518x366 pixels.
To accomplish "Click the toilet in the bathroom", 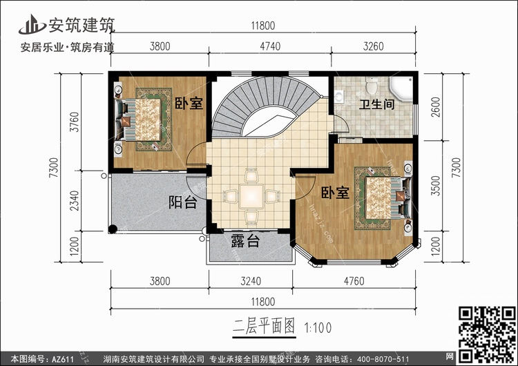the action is coord(372,85).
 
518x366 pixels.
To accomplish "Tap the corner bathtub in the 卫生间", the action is coord(401,88).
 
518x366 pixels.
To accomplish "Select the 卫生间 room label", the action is coord(377,104).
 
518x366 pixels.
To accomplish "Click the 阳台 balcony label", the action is coord(183,202).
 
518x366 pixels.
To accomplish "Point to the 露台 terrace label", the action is coord(245,241).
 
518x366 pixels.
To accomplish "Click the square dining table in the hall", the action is coord(251,197).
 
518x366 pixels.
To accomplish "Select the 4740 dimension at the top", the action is coord(270,46).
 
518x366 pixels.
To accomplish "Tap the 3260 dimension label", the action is coord(373,46).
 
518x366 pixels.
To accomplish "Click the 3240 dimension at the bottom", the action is coord(251,281).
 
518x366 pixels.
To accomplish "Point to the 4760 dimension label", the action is coord(354,281).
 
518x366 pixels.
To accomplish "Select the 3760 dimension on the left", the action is coord(75,122).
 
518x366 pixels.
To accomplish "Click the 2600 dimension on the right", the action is coord(436,107).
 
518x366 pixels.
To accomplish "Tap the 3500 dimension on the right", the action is coord(436,186).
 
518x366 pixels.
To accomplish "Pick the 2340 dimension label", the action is coord(75,200).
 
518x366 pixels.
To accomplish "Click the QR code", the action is coord(487,334).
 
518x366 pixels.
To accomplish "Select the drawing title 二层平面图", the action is coord(264,327).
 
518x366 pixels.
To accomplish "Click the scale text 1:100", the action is coord(318,328).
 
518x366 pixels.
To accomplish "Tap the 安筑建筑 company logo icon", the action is coord(32,24).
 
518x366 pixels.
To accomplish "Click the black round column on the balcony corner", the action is coord(113,229).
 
